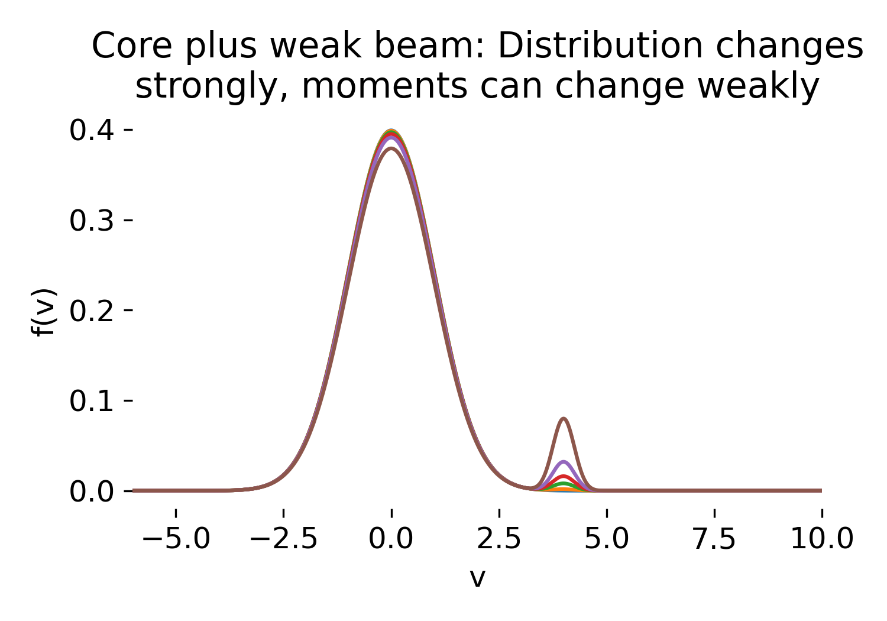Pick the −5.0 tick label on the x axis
click(x=176, y=539)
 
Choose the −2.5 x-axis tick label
click(x=283, y=539)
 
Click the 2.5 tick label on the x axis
click(x=499, y=539)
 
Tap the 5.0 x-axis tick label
click(x=607, y=539)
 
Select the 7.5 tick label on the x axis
click(x=714, y=539)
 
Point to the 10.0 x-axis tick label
click(x=822, y=539)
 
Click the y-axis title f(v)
click(x=44, y=312)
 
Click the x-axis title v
click(x=477, y=578)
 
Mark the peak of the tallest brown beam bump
click(x=564, y=419)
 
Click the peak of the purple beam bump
click(x=564, y=461)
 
